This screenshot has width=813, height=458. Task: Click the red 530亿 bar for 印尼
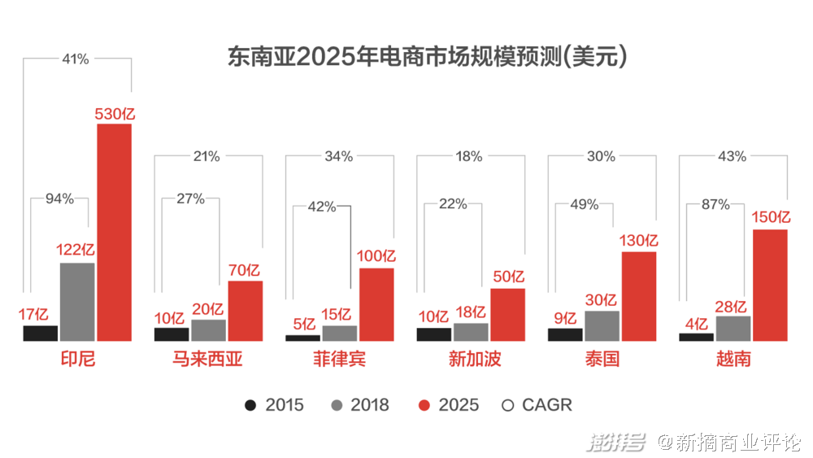[x=114, y=232]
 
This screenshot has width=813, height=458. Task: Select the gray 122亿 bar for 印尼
[x=77, y=301]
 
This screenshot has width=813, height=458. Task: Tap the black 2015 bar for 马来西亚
[x=171, y=334]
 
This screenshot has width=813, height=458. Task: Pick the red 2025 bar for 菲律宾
[x=376, y=303]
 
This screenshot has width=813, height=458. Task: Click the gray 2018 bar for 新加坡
[x=471, y=332]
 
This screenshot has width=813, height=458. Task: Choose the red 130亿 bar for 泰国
[x=639, y=295]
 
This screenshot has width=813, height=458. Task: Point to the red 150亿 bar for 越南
[x=770, y=285]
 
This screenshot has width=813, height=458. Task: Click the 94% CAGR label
[x=59, y=198]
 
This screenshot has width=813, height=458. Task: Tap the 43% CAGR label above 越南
[x=733, y=156]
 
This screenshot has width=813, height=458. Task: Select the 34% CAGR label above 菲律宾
[x=338, y=156]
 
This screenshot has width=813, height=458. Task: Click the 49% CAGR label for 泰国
[x=585, y=204]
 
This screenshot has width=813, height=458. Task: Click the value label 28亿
[x=733, y=306]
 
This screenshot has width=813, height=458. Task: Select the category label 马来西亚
[x=207, y=360]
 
